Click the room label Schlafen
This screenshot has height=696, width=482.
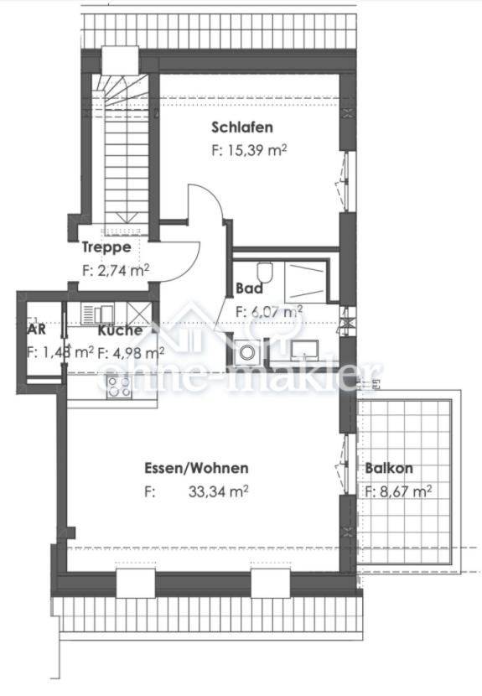pos(242,128)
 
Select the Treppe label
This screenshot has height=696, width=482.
pos(106,247)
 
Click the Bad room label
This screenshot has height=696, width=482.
pos(249,288)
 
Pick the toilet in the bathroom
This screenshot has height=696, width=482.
pos(266,274)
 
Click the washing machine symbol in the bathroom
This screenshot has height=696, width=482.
pos(246,353)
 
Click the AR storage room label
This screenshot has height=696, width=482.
pos(36,329)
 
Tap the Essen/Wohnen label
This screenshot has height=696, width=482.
pos(196,469)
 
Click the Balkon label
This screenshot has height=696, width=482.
pos(389,470)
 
